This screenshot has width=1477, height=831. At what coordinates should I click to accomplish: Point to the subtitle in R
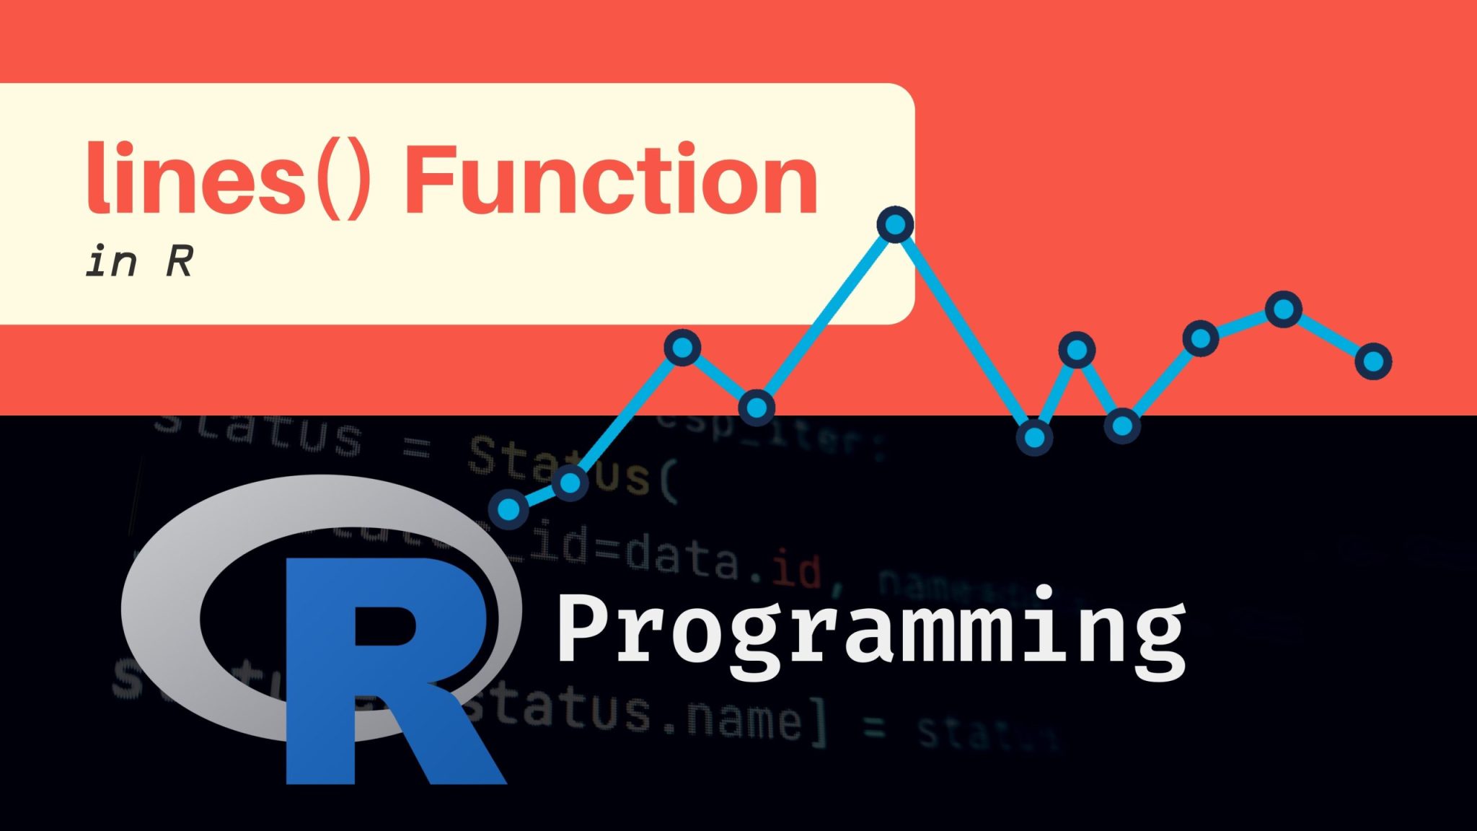click(139, 261)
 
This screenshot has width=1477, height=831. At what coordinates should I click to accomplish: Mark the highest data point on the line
click(895, 225)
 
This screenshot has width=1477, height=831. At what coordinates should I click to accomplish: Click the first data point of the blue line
click(508, 509)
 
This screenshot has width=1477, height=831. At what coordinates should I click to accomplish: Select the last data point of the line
click(1373, 361)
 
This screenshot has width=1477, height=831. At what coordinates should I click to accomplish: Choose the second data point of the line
click(570, 482)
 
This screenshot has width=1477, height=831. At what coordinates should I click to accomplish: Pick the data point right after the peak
click(1034, 437)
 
